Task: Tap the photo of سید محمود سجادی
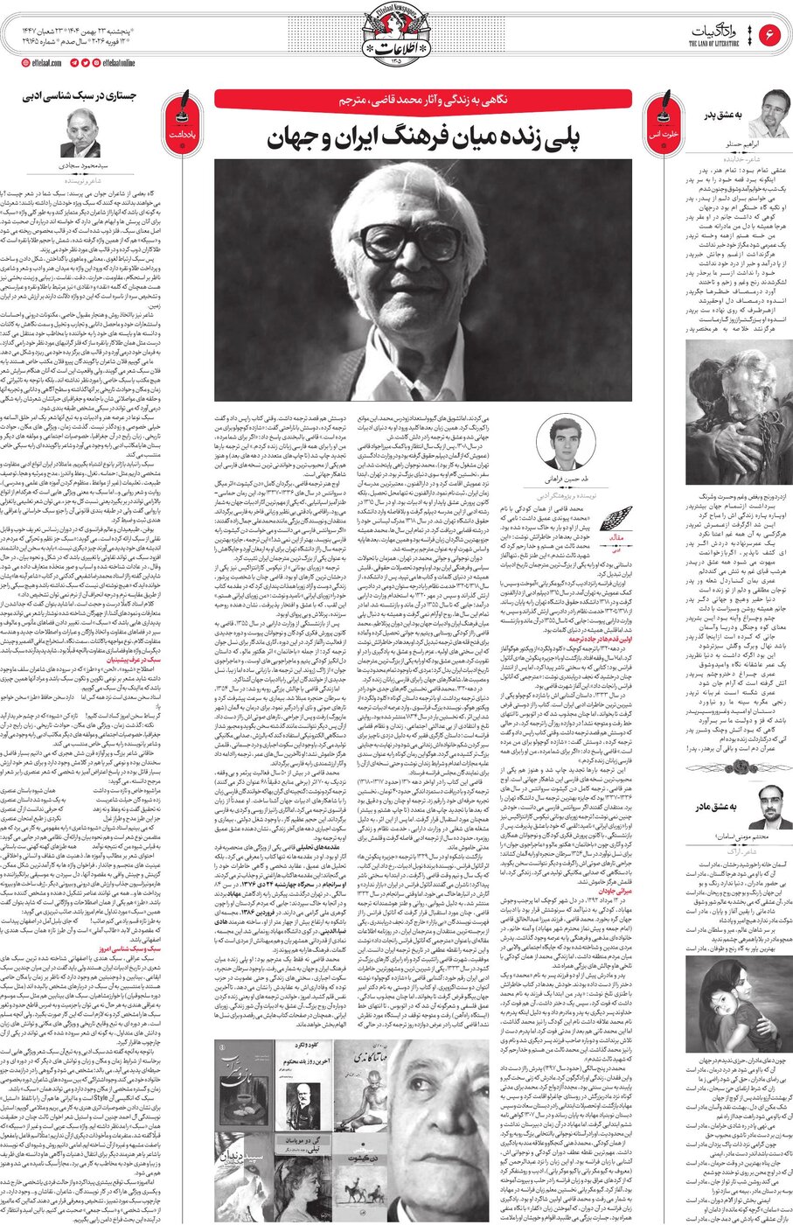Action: pos(80,133)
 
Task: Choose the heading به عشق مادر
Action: pos(719,804)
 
